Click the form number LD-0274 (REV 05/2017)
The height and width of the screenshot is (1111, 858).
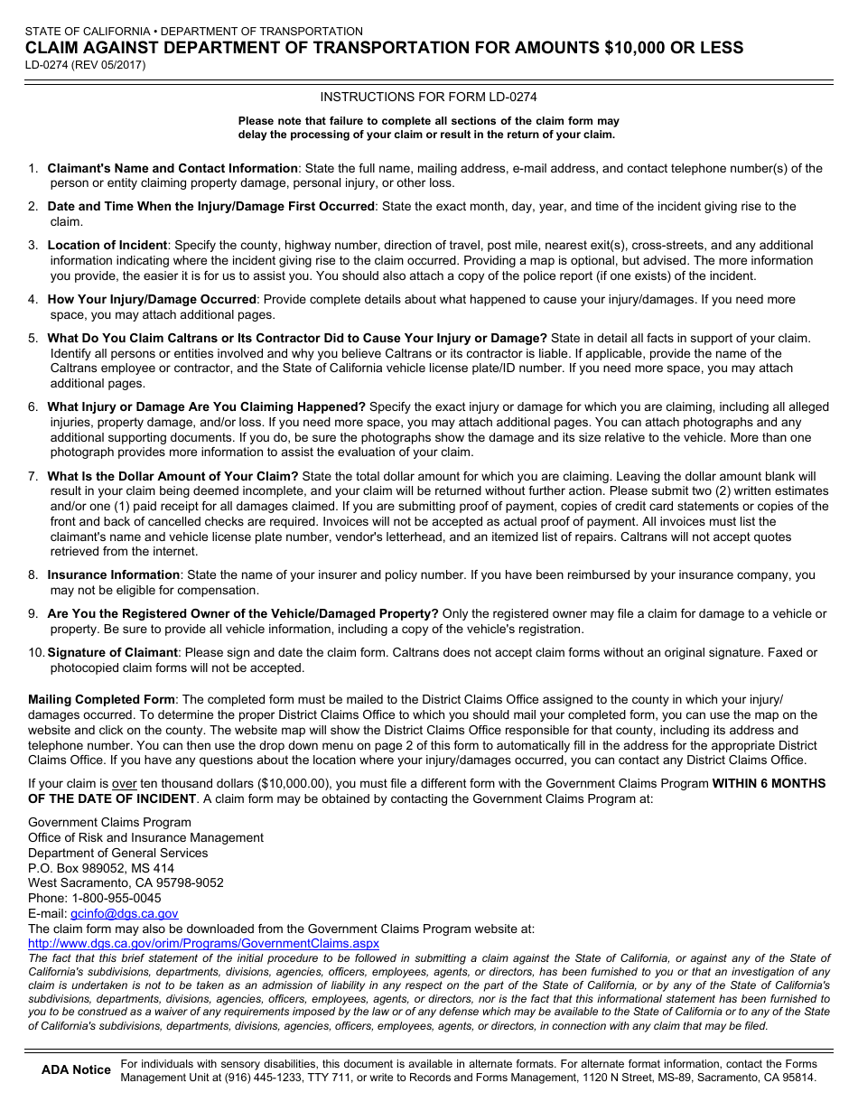[85, 65]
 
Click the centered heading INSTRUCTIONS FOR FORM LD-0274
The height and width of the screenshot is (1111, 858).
[428, 97]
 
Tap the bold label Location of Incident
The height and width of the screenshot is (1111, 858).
[107, 245]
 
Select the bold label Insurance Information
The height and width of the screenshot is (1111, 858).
[114, 574]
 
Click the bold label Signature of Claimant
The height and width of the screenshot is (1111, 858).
[112, 652]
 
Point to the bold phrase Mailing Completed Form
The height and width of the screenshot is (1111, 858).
[101, 699]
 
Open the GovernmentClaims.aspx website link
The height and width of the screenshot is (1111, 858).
[203, 943]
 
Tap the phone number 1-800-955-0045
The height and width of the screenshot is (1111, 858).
[117, 898]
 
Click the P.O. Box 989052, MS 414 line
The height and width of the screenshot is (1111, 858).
[101, 868]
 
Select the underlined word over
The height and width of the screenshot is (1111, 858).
[124, 783]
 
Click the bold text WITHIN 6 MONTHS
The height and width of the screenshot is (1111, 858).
[768, 783]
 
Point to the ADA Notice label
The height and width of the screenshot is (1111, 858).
[76, 1069]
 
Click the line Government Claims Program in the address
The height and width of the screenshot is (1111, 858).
[109, 822]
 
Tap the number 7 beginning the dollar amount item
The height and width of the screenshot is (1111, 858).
[32, 476]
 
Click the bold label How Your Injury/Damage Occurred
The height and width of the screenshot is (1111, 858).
[152, 299]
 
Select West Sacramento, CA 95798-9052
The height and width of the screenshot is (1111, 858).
[126, 882]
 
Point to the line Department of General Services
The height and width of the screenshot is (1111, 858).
[117, 853]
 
